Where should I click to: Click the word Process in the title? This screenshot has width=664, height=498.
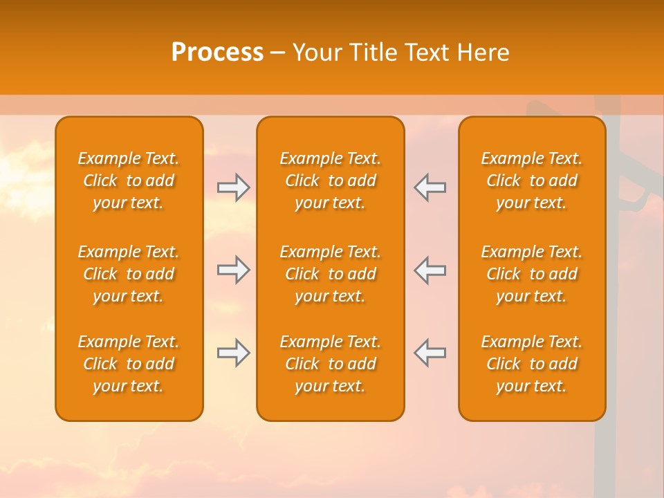[217, 53]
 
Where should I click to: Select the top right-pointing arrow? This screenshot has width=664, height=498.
[234, 187]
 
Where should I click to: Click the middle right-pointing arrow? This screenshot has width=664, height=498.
[234, 270]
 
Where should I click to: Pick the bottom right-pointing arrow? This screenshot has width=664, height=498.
[234, 353]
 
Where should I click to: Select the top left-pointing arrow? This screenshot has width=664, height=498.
[430, 187]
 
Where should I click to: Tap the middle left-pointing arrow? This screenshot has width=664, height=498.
[430, 270]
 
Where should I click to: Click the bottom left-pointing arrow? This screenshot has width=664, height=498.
[430, 353]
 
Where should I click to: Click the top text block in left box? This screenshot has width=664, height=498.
[129, 181]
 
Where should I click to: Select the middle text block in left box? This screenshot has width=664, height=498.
[129, 274]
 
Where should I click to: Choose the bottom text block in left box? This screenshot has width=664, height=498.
[129, 364]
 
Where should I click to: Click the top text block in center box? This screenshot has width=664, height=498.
[330, 181]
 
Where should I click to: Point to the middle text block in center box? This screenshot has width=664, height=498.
[330, 274]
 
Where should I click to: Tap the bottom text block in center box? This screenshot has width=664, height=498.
[330, 364]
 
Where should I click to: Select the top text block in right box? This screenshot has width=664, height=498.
[532, 181]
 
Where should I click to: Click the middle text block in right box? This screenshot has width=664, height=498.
[532, 274]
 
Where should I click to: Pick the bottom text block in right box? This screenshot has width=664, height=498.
[532, 364]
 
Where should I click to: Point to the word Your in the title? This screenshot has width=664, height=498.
[315, 53]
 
